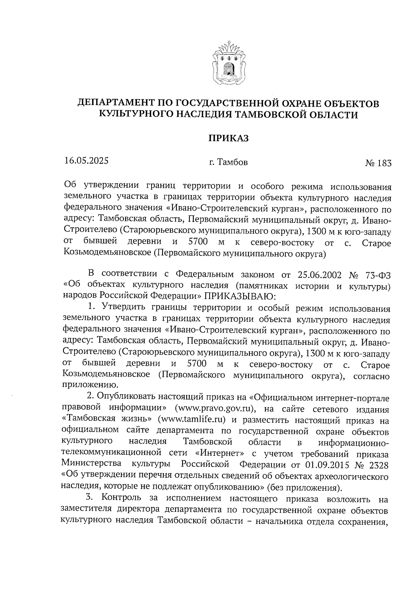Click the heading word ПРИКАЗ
tap(229, 138)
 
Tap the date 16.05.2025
tap(87, 161)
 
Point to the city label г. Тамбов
tap(228, 162)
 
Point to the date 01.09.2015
tap(326, 465)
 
